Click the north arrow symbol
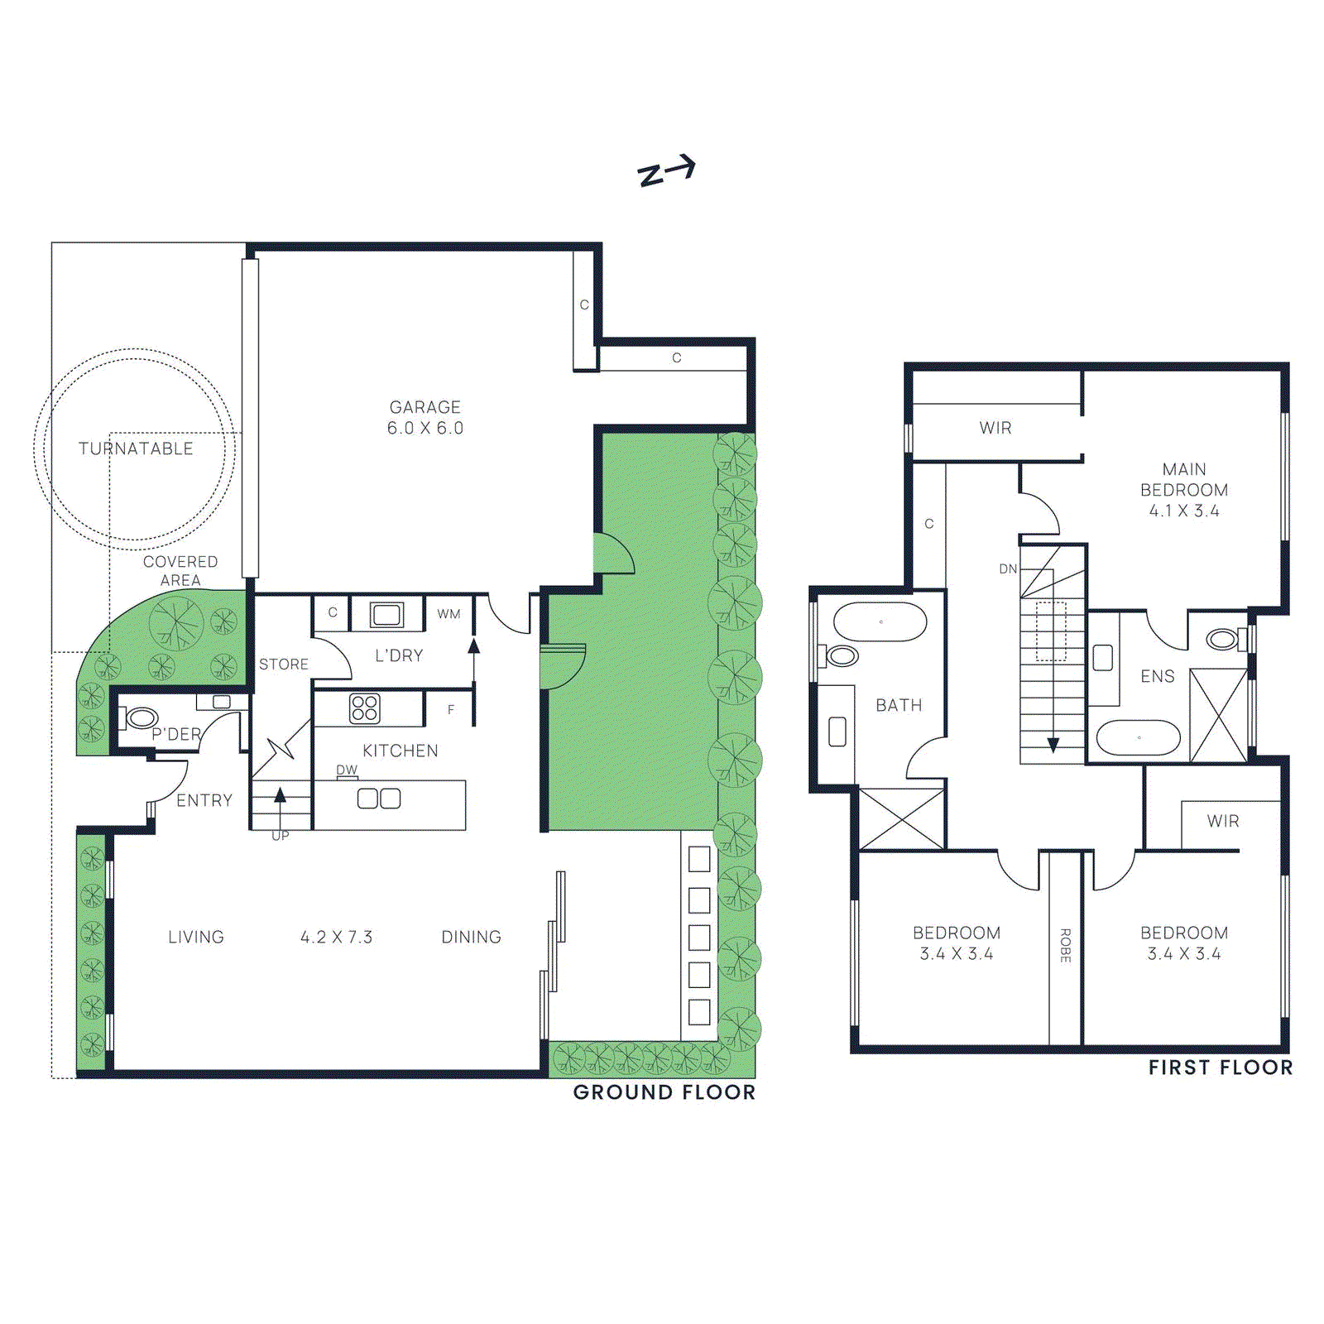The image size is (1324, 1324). (x=666, y=171)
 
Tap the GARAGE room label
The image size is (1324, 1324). (x=425, y=407)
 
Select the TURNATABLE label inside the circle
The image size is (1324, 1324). (x=136, y=449)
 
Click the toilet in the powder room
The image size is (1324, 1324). (x=140, y=717)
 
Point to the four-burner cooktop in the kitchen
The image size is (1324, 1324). (x=365, y=708)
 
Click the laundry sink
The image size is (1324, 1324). (x=386, y=614)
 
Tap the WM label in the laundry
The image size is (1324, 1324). (x=449, y=614)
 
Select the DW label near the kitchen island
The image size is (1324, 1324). (x=347, y=770)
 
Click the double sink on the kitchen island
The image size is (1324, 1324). (x=379, y=799)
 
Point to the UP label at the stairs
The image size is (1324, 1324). (x=281, y=836)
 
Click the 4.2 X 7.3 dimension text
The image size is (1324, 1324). (x=337, y=937)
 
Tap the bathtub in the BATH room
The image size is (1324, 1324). (x=880, y=621)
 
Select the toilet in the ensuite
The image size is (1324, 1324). (x=1222, y=639)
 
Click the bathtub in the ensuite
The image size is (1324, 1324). (x=1139, y=737)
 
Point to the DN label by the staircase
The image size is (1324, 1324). (x=1008, y=568)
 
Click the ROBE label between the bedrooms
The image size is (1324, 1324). (x=1065, y=945)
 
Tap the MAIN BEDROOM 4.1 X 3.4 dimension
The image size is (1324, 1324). (x=1184, y=511)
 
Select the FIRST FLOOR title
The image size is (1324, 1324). (x=1221, y=1067)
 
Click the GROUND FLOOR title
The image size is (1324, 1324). (x=664, y=1092)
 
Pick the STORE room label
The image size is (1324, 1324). (x=284, y=664)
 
